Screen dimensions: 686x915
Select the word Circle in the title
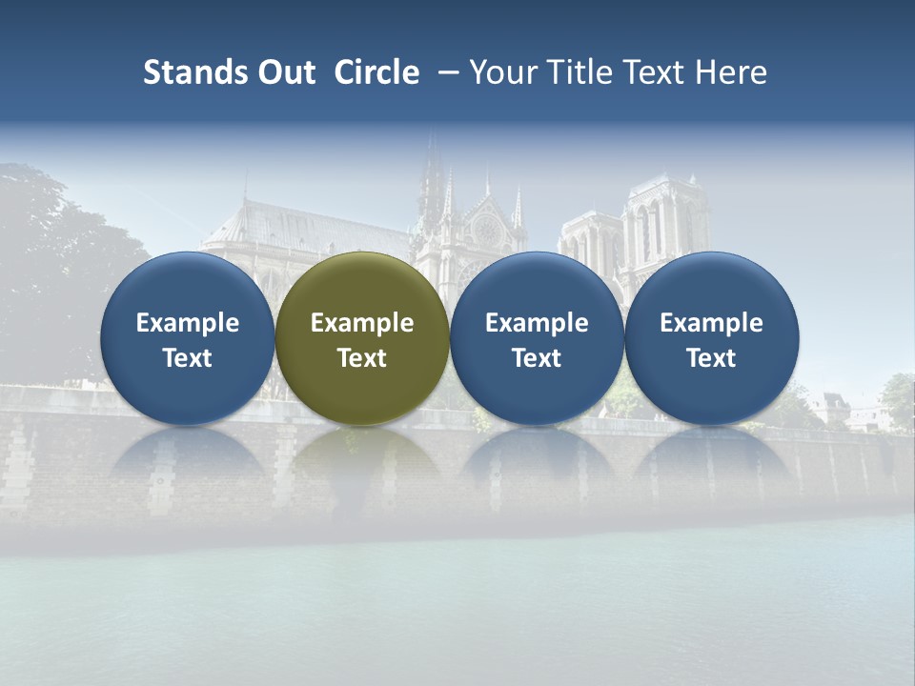[x=376, y=72]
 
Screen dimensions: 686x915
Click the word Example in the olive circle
[x=362, y=323]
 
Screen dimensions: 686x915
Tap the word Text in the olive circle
[x=362, y=358]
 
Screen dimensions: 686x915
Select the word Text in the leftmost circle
[x=187, y=358]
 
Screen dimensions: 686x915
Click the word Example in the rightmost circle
[x=712, y=323]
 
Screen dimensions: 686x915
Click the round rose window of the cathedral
[x=486, y=230]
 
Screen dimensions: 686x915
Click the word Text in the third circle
[x=537, y=358]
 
